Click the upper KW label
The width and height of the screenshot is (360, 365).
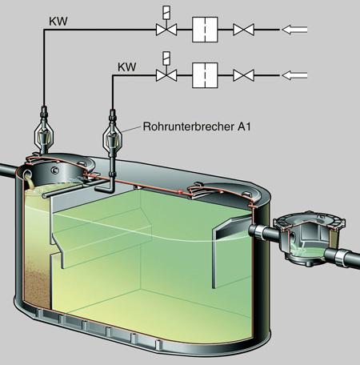tap(58, 22)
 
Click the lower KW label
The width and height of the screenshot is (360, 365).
tap(127, 67)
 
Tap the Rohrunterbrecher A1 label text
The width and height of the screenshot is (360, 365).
tap(197, 126)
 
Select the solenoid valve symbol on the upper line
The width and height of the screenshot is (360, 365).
tap(166, 23)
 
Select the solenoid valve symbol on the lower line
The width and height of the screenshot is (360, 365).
tap(166, 70)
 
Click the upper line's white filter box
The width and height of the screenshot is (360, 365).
tap(205, 30)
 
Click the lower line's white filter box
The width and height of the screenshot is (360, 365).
tap(205, 75)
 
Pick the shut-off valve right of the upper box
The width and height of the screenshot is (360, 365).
tap(243, 30)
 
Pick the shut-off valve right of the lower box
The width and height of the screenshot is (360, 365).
tap(243, 75)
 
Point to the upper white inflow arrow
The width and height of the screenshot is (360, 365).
tap(294, 30)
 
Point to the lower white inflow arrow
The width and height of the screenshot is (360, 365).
tap(294, 75)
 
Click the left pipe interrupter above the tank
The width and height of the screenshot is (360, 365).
tap(44, 130)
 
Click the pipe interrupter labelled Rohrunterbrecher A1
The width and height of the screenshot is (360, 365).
tap(112, 136)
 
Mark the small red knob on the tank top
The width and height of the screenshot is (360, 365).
tap(180, 191)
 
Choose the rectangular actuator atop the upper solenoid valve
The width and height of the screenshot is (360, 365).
tap(166, 12)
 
